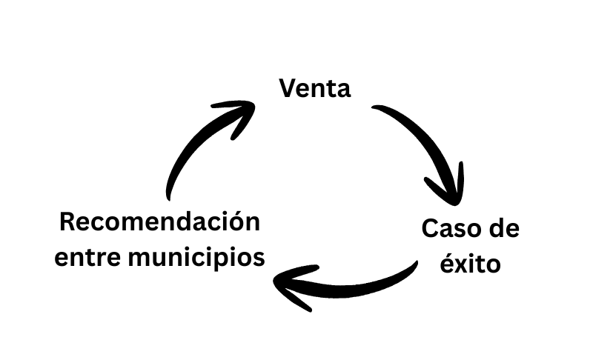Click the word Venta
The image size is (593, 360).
click(314, 89)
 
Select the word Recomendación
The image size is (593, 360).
click(160, 221)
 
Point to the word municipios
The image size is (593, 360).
click(196, 258)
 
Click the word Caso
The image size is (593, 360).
click(448, 228)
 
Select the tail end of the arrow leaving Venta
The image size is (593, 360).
click(377, 110)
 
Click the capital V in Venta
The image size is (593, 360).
click(288, 89)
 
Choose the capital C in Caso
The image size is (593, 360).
click(430, 228)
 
